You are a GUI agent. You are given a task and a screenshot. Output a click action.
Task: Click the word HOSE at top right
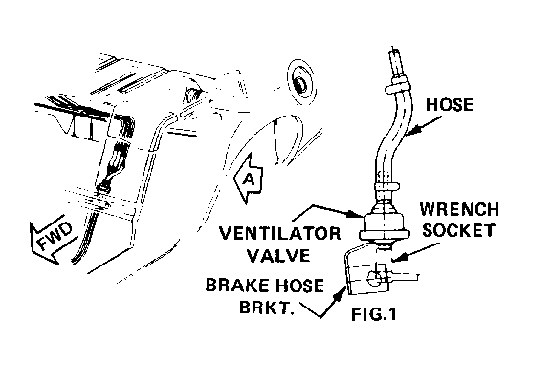click(450, 105)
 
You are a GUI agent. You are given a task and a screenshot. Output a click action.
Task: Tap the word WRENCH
click(459, 209)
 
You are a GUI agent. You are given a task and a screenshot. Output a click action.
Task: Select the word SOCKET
click(458, 230)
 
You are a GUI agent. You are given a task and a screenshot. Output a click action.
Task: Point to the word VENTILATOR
click(279, 234)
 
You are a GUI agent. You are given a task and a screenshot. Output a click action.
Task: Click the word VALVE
click(278, 255)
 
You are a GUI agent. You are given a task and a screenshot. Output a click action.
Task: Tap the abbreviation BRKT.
click(267, 307)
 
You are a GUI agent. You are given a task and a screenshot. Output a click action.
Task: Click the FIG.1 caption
click(373, 314)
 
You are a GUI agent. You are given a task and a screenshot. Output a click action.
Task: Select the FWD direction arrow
click(54, 240)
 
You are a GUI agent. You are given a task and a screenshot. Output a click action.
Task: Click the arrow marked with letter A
click(249, 179)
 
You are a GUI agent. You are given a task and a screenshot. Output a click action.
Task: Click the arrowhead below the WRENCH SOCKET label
click(399, 258)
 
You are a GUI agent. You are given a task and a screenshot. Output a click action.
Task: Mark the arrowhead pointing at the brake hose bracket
click(339, 295)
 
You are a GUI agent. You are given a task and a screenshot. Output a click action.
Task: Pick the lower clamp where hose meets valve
click(386, 185)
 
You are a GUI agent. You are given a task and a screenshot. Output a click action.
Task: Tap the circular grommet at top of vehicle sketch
click(301, 83)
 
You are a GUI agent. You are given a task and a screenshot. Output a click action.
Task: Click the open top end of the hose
click(395, 52)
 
